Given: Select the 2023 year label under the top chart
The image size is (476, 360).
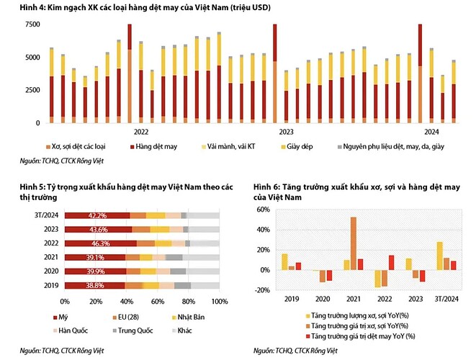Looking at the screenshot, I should click(x=286, y=132).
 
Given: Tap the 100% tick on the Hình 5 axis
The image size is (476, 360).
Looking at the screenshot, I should click(x=219, y=301).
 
